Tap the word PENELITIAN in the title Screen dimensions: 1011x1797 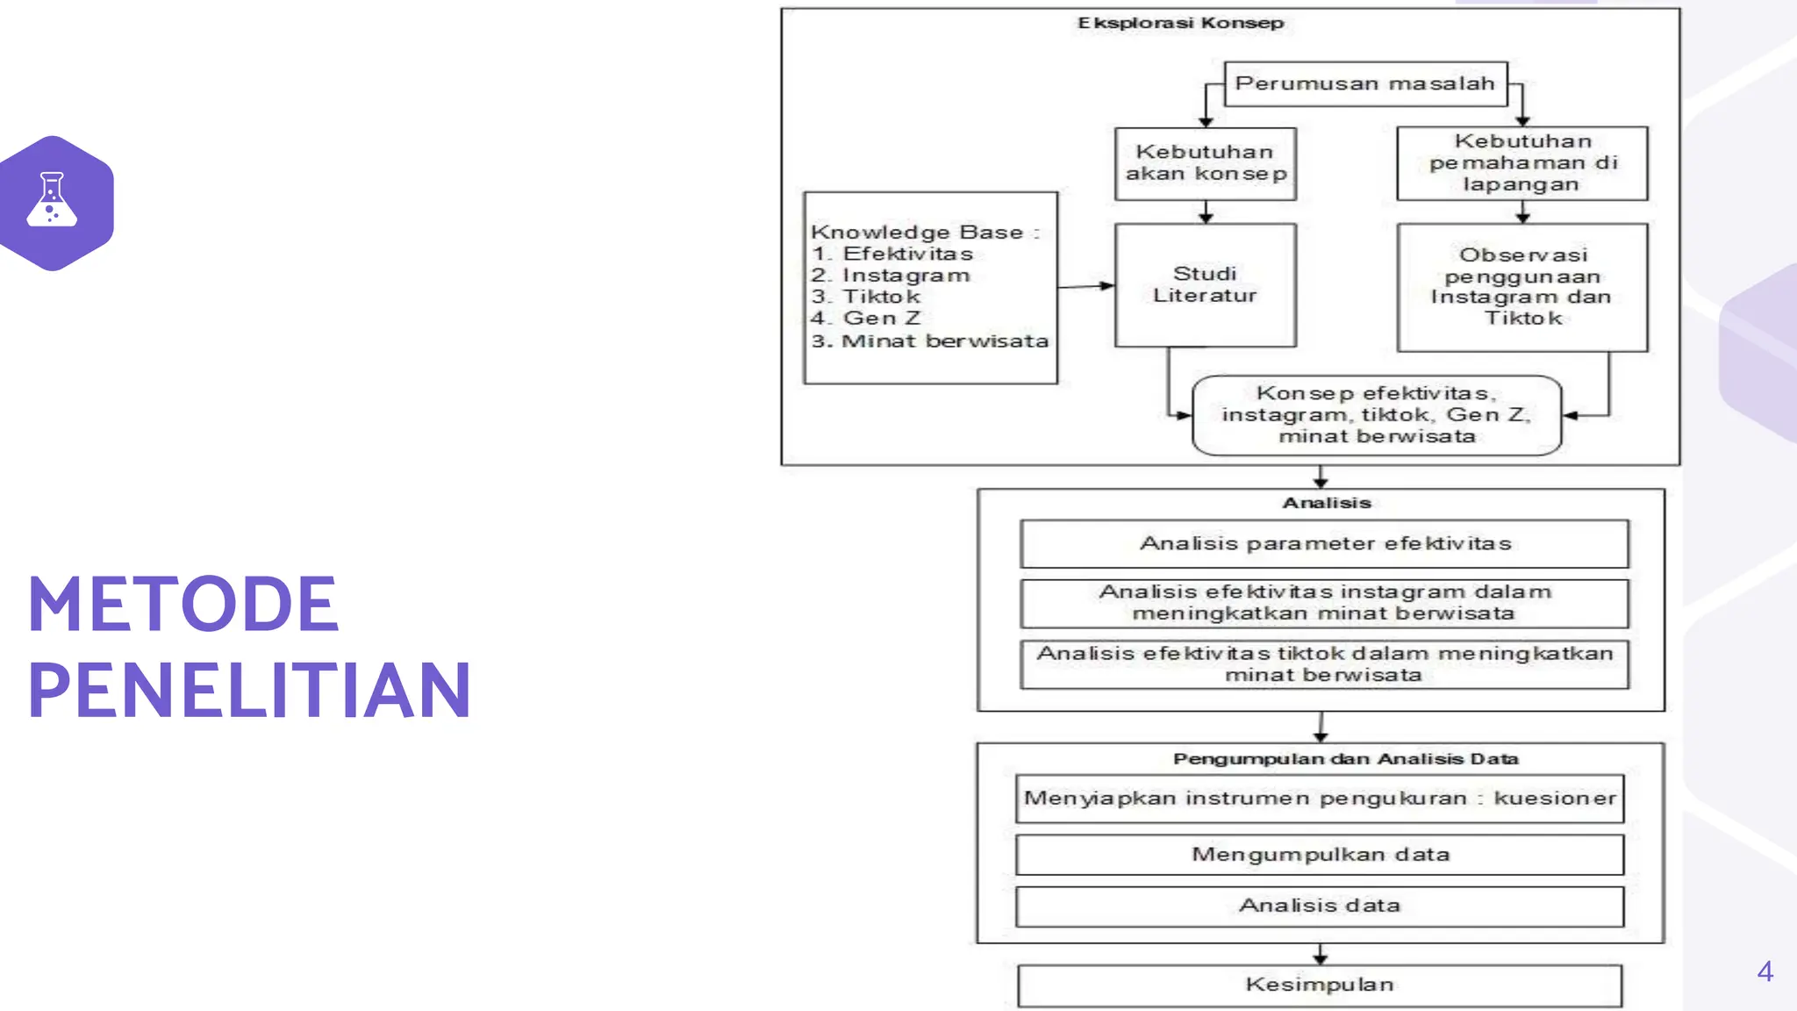[x=250, y=690]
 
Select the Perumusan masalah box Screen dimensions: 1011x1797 [x=1364, y=84]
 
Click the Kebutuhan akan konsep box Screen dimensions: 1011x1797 [x=1206, y=163]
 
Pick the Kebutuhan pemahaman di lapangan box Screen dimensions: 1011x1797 [x=1522, y=163]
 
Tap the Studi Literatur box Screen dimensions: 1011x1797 [x=1206, y=285]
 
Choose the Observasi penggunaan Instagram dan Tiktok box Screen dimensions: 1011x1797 [x=1522, y=287]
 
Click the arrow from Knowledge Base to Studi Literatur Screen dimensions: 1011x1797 [x=1086, y=286]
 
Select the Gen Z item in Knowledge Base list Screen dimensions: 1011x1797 [x=881, y=319]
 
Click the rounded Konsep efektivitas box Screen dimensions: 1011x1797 [x=1377, y=415]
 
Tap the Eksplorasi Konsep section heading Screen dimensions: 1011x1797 [x=1180, y=23]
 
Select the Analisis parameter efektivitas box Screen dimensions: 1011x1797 [x=1325, y=544]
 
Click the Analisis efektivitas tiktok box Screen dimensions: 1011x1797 [x=1325, y=664]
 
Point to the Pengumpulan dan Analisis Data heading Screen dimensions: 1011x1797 [x=1345, y=759]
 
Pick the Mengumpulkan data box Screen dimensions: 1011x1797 [x=1320, y=855]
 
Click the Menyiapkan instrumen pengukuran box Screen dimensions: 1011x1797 [x=1320, y=799]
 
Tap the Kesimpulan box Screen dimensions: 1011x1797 [x=1320, y=986]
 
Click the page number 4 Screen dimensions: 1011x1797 [x=1765, y=972]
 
